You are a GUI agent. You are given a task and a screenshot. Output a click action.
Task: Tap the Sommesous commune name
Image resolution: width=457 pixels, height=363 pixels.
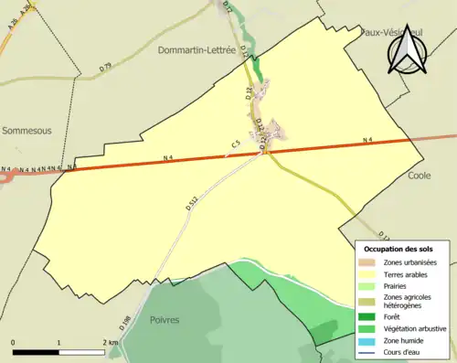click(x=27, y=131)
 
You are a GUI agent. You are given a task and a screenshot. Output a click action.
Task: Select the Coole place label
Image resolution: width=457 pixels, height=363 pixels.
click(x=420, y=175)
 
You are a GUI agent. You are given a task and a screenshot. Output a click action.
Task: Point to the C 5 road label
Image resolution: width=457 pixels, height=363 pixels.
click(x=235, y=144)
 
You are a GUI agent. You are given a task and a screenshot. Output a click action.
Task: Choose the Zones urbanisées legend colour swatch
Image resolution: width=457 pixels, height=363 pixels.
click(x=370, y=263)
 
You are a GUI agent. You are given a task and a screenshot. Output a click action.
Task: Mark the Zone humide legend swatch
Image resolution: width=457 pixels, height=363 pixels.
click(x=370, y=339)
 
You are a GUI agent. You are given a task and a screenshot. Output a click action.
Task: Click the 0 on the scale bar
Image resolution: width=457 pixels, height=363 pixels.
click(x=14, y=343)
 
